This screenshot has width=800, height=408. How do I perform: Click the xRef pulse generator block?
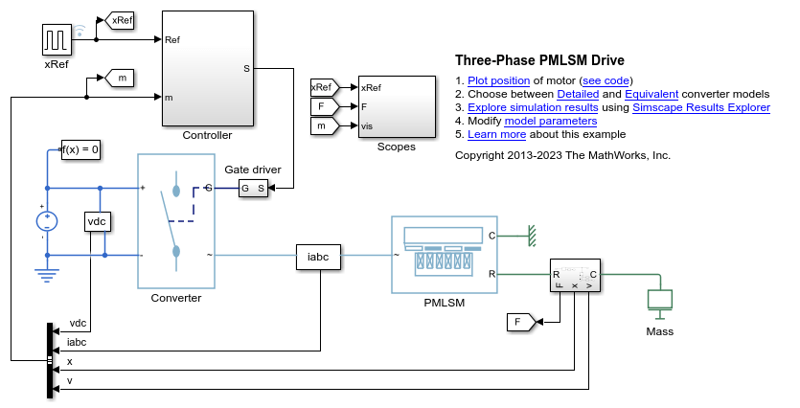pos(56,39)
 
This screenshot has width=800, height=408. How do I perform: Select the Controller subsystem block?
pos(207,67)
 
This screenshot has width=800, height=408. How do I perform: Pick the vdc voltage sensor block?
pos(97,221)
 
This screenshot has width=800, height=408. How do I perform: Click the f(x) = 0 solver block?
pos(80,149)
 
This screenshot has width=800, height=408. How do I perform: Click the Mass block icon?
pos(659,299)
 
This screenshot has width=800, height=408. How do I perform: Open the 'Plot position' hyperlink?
pos(498,80)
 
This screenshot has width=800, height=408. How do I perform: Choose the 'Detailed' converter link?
pos(578,94)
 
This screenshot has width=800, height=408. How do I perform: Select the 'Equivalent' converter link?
pos(651,94)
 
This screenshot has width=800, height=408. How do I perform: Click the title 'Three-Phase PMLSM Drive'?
pos(539,59)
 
